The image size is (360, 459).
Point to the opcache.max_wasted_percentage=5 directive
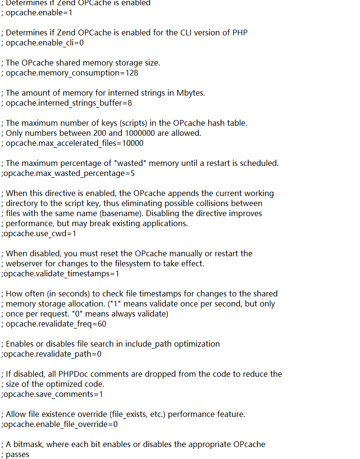[x=68, y=173]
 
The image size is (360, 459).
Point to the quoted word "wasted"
[x=146, y=163]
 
